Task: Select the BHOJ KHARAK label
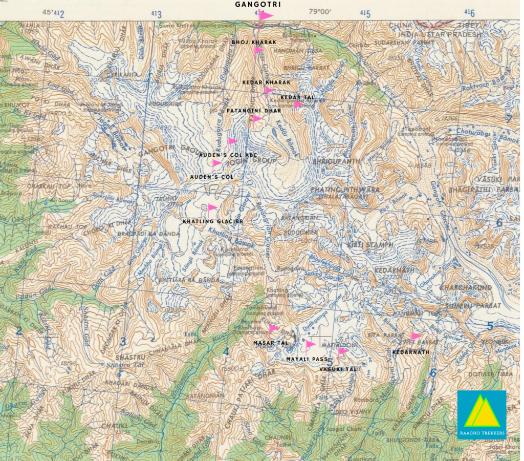click(x=254, y=42)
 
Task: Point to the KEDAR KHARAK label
click(x=266, y=82)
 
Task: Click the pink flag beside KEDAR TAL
click(x=298, y=104)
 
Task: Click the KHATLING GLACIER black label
click(x=213, y=221)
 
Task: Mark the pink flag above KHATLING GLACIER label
click(x=212, y=207)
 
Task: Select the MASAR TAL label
click(x=271, y=342)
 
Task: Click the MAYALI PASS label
click(x=307, y=359)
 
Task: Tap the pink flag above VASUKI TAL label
click(x=342, y=351)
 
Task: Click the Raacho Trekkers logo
click(x=482, y=414)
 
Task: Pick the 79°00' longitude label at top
click(x=320, y=12)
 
